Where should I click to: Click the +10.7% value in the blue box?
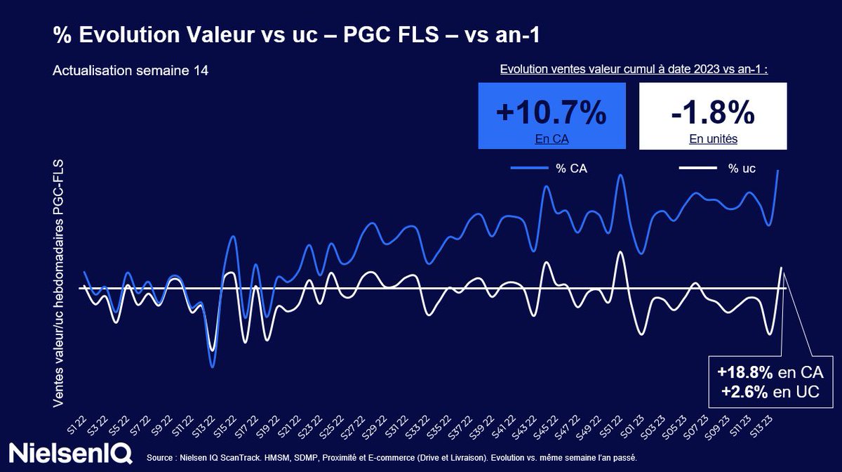tap(551, 112)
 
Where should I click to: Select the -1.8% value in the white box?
tap(713, 112)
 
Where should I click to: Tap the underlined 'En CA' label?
tap(551, 139)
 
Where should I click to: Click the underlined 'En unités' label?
tap(713, 139)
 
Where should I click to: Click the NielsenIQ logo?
tap(70, 452)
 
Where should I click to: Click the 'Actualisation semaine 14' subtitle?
tap(130, 71)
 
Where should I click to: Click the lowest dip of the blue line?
tap(212, 366)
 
